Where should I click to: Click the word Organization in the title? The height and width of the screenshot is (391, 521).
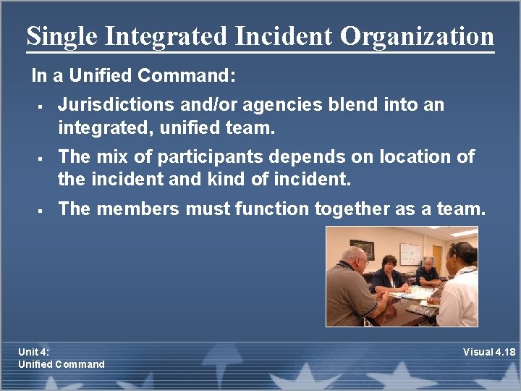tap(418, 36)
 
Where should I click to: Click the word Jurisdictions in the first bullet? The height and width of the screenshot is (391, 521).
tap(117, 105)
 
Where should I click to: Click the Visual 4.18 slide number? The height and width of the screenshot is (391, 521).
tap(489, 353)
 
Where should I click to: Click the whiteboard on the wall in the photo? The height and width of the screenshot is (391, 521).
tap(410, 253)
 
